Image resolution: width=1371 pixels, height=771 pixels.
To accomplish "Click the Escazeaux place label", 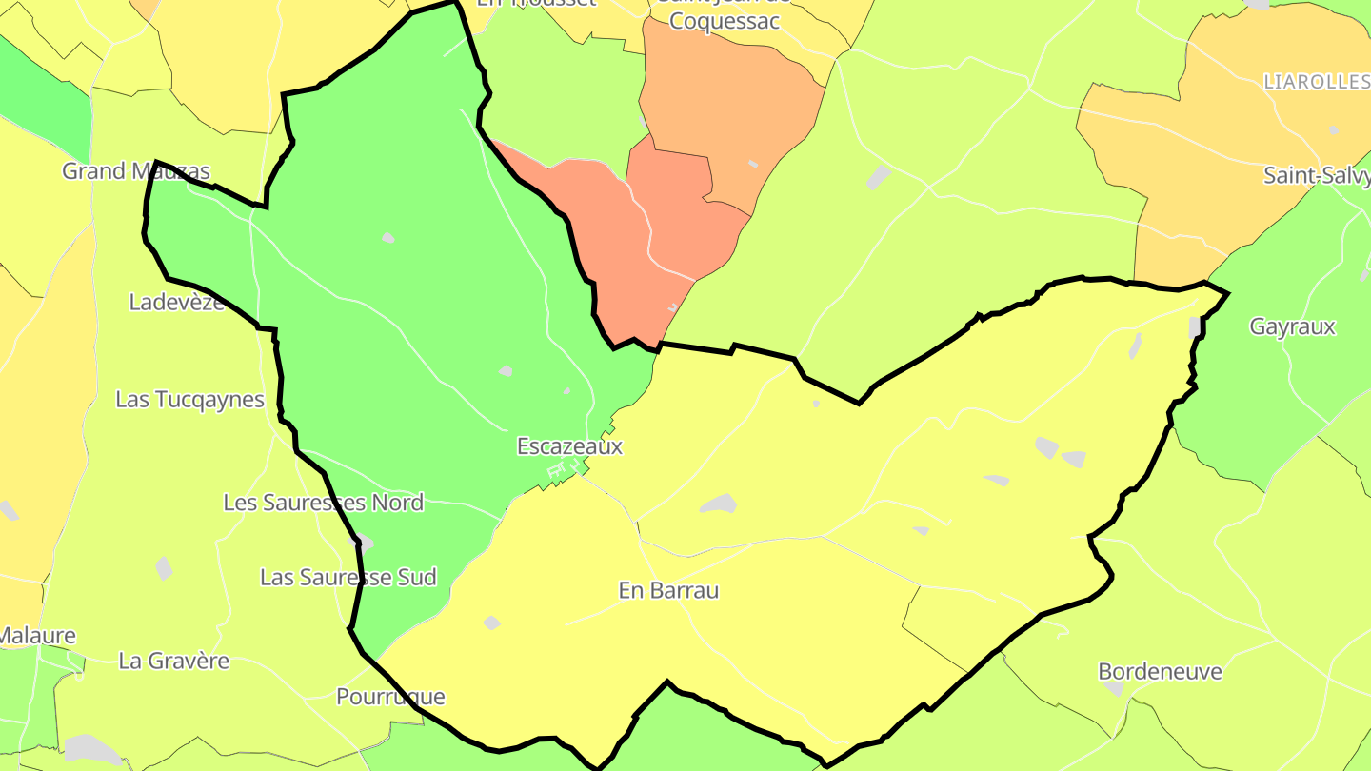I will click(569, 445).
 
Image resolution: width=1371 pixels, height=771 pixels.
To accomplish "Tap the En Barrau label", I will click(668, 590).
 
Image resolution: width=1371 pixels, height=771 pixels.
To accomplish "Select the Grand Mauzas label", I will click(135, 171).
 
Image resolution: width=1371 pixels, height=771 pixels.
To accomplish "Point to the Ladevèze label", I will click(177, 303).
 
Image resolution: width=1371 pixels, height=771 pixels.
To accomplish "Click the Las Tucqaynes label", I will click(189, 400).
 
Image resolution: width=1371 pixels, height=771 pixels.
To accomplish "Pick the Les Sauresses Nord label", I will click(323, 503).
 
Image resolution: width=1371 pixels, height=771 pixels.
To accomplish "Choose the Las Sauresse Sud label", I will click(348, 577).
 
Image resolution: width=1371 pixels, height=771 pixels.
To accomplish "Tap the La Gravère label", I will click(173, 661).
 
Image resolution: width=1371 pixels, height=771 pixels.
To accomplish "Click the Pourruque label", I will click(390, 697).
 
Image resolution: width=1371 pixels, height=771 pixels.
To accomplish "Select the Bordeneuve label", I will click(1160, 671).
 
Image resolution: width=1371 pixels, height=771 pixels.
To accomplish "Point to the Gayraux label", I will click(1292, 326).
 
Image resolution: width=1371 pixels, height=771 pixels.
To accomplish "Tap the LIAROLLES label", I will click(1316, 83).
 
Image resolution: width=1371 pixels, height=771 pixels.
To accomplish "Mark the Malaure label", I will click(36, 635).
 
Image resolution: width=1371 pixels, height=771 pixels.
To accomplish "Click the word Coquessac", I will click(725, 21).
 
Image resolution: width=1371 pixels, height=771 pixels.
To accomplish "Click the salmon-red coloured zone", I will click(666, 238).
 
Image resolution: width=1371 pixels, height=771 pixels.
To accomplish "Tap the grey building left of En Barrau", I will click(491, 623).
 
